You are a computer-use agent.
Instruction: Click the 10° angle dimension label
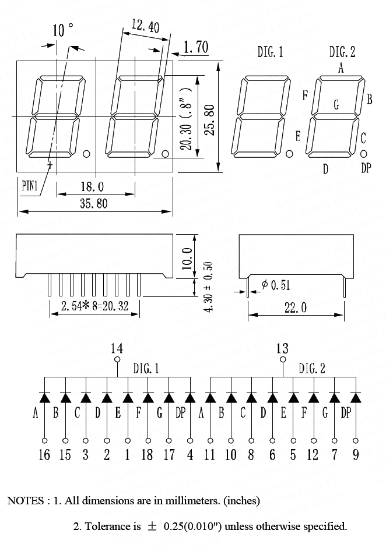tap(63, 30)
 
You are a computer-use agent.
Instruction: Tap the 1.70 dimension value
tap(196, 47)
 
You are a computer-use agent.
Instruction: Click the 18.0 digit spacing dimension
tap(92, 186)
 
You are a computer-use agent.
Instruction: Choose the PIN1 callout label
tap(30, 186)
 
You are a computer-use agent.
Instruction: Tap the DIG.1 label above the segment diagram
tap(271, 52)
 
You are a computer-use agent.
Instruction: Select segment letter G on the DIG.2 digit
tap(336, 105)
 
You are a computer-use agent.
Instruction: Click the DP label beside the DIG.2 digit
tap(366, 168)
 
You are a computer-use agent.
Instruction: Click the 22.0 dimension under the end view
tap(296, 308)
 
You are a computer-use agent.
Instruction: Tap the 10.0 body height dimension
tap(186, 256)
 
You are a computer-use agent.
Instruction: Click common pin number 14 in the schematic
tap(117, 348)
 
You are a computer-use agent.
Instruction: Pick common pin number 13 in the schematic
tap(283, 348)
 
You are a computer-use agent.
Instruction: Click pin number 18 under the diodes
tap(148, 454)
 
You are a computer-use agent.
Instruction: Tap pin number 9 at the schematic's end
tap(356, 454)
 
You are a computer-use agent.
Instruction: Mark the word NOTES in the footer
tap(24, 500)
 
